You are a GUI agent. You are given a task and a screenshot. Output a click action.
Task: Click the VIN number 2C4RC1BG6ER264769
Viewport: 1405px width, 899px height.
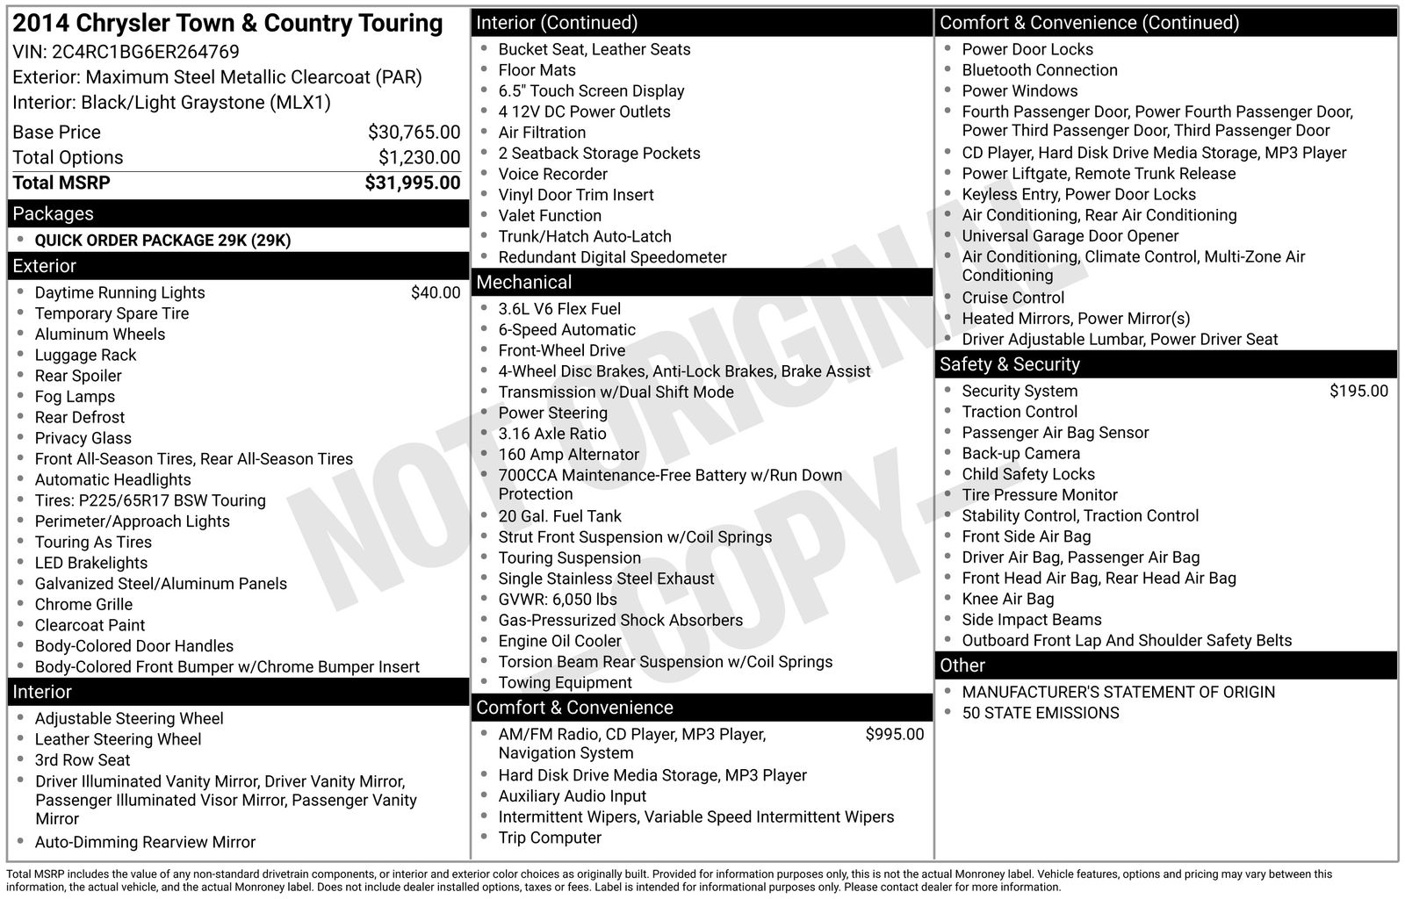pyautogui.click(x=146, y=52)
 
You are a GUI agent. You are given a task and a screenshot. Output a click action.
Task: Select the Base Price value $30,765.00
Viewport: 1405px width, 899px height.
pyautogui.click(x=414, y=133)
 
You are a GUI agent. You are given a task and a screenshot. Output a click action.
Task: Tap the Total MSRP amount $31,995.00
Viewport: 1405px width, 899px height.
pyautogui.click(x=412, y=183)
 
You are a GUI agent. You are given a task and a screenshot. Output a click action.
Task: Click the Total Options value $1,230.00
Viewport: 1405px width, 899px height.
pyautogui.click(x=419, y=158)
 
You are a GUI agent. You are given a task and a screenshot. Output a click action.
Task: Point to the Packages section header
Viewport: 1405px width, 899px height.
pyautogui.click(x=54, y=213)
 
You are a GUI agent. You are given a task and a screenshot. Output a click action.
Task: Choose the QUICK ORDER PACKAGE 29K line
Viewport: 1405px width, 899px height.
pyautogui.click(x=162, y=241)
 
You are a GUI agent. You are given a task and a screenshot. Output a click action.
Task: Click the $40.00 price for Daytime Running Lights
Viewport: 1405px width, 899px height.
pyautogui.click(x=435, y=293)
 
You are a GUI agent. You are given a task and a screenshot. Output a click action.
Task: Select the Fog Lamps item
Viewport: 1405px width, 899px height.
pyautogui.click(x=75, y=397)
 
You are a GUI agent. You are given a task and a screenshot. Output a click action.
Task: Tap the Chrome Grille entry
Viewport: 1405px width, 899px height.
pyautogui.click(x=83, y=605)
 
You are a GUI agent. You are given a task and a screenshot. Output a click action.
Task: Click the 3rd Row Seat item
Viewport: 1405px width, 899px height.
pyautogui.click(x=83, y=760)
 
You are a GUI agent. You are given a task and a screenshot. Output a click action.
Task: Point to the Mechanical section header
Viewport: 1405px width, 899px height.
pyautogui.click(x=524, y=282)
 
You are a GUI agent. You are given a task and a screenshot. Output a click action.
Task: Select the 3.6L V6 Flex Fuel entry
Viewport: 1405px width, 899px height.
pyautogui.click(x=559, y=309)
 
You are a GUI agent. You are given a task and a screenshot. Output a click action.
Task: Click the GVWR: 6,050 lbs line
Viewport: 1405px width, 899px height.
pyautogui.click(x=558, y=600)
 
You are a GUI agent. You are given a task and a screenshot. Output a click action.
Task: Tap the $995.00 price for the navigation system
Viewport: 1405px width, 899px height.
pyautogui.click(x=894, y=735)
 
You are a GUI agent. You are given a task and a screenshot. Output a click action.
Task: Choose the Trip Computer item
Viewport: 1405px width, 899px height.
pyautogui.click(x=550, y=838)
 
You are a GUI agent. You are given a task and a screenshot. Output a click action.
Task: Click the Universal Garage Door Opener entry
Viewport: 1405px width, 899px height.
pyautogui.click(x=1070, y=236)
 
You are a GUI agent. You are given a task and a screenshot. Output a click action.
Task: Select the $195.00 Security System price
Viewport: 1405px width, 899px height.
pyautogui.click(x=1358, y=392)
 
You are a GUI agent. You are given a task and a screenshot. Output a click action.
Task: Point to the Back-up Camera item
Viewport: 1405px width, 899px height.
pyautogui.click(x=1020, y=454)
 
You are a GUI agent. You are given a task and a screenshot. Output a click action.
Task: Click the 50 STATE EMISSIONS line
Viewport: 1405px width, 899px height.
pyautogui.click(x=1040, y=713)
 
